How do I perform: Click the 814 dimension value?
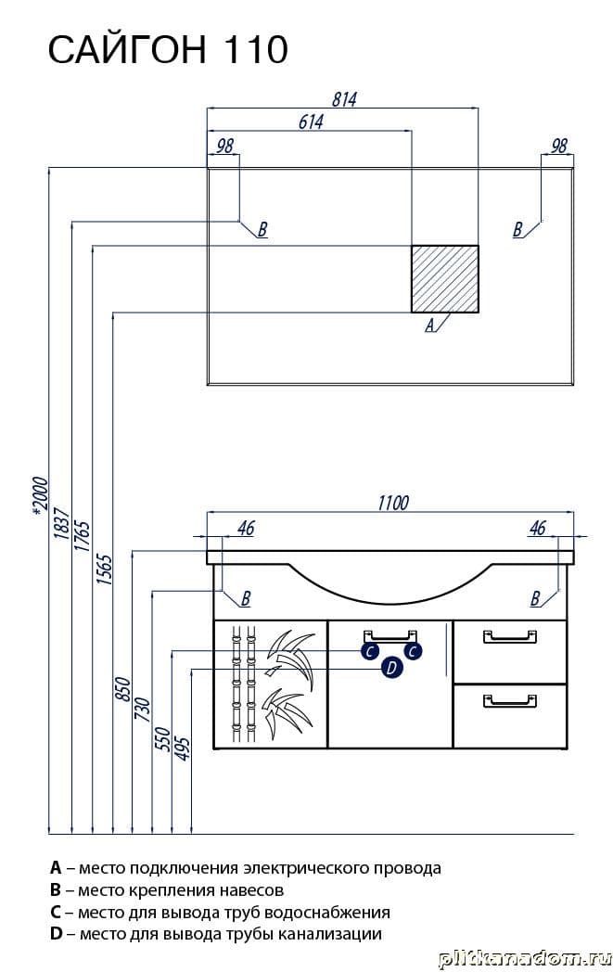tap(342, 99)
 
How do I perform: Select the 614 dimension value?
tap(310, 122)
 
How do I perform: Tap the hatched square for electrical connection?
tap(445, 278)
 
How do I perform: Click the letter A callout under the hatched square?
tap(429, 326)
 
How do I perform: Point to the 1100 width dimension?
tap(392, 503)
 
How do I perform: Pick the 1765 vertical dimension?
tap(82, 536)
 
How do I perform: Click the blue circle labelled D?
tap(390, 668)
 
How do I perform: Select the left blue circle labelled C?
tap(369, 651)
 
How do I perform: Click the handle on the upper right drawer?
tap(509, 635)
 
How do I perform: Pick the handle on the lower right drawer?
tap(509, 698)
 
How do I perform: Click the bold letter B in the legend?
tap(57, 890)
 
